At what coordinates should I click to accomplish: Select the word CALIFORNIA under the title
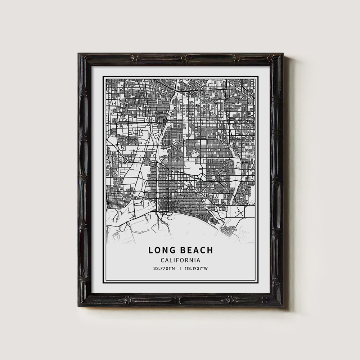(x=180, y=260)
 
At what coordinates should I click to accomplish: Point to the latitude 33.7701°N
(x=164, y=269)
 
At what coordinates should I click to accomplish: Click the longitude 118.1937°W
(x=197, y=269)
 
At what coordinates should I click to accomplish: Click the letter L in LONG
(x=150, y=250)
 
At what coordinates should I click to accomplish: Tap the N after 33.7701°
(x=174, y=269)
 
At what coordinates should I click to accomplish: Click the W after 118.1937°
(x=207, y=269)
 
